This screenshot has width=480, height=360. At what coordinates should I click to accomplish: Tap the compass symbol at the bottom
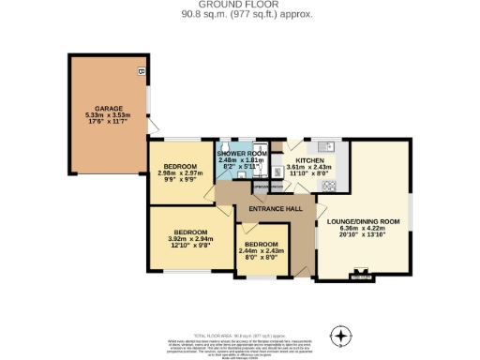click(x=342, y=335)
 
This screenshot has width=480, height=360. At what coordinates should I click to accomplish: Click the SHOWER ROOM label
click(x=243, y=153)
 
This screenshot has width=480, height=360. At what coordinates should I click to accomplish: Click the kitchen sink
click(x=324, y=147)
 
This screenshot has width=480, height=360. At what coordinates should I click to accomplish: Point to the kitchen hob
click(x=329, y=185)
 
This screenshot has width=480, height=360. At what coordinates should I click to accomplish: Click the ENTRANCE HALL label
click(x=274, y=210)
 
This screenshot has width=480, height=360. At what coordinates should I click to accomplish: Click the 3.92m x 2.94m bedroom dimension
click(x=190, y=238)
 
